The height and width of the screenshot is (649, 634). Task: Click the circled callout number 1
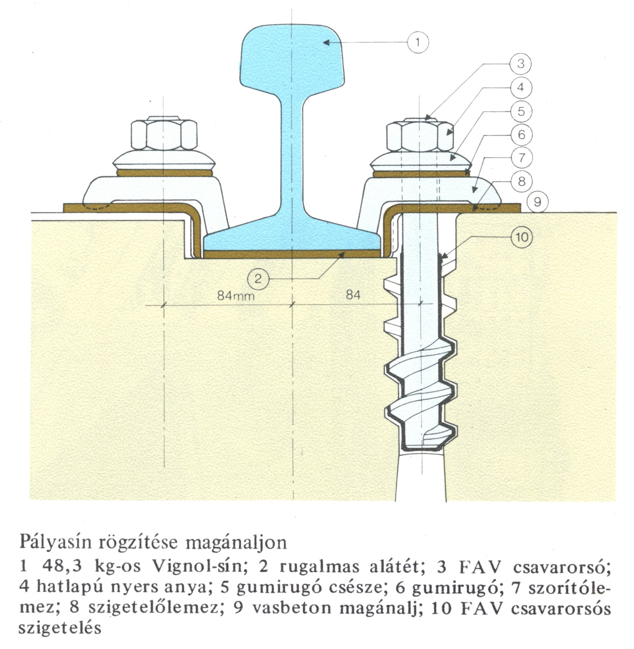pyautogui.click(x=418, y=42)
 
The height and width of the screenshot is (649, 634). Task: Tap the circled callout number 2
pyautogui.click(x=258, y=279)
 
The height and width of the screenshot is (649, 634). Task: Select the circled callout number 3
pyautogui.click(x=521, y=64)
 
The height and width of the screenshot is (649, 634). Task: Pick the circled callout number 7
pyautogui.click(x=521, y=158)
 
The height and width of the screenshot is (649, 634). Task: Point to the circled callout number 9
pyautogui.click(x=537, y=202)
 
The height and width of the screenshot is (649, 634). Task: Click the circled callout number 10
pyautogui.click(x=522, y=237)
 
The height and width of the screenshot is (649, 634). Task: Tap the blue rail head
pyautogui.click(x=292, y=55)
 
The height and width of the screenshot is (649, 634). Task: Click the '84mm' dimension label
pyautogui.click(x=236, y=296)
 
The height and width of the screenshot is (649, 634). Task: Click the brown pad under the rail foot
pyautogui.click(x=292, y=254)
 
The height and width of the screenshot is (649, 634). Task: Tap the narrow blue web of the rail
pyautogui.click(x=292, y=158)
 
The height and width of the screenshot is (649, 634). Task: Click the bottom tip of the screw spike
pyautogui.click(x=421, y=449)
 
